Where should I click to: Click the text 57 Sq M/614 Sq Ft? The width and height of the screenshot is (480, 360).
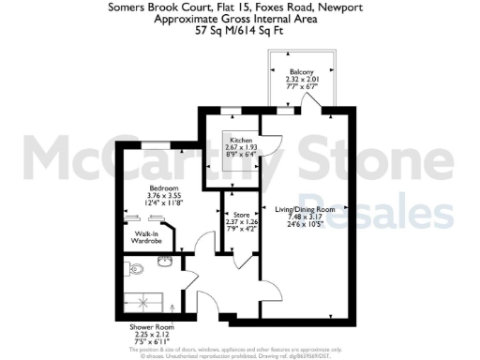[239, 30]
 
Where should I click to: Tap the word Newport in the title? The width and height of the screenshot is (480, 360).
[340, 7]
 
